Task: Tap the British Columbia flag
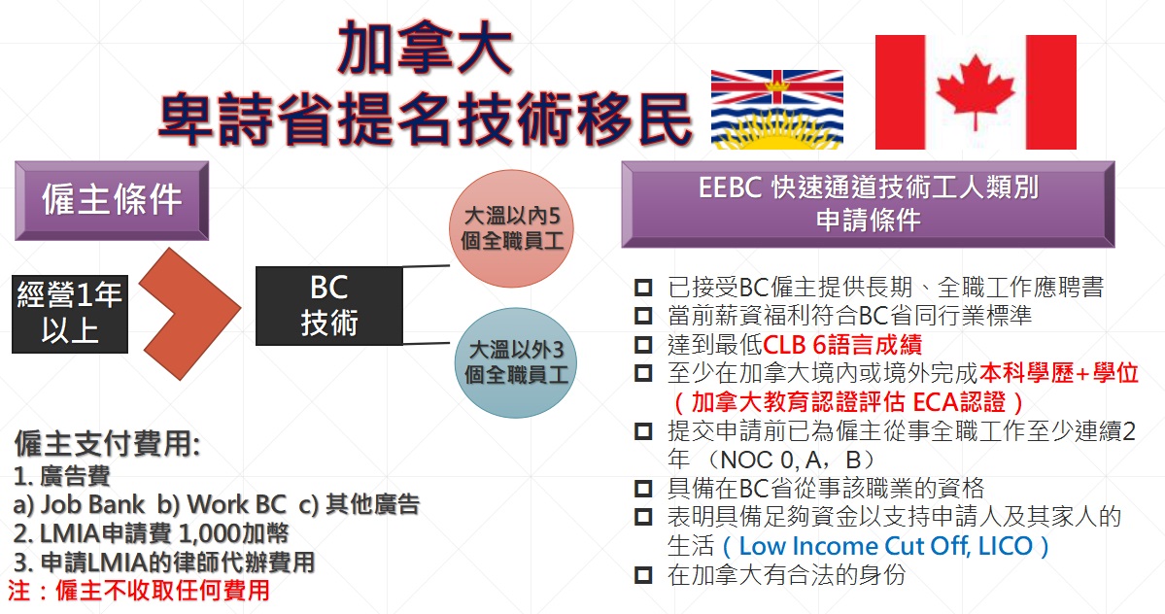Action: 777,109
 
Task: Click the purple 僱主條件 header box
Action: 112,200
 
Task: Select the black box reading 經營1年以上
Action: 70,313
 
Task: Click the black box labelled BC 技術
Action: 329,306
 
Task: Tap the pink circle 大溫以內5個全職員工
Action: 512,228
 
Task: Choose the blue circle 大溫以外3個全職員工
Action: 516,362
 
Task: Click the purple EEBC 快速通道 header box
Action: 868,204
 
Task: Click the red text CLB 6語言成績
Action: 842,345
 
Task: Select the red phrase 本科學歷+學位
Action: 1059,373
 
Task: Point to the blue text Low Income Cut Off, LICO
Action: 885,546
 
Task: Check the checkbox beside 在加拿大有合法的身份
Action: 643,574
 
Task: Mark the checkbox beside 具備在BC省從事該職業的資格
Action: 643,489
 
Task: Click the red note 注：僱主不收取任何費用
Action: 139,591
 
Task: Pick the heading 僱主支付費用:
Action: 107,444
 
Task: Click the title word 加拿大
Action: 425,48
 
